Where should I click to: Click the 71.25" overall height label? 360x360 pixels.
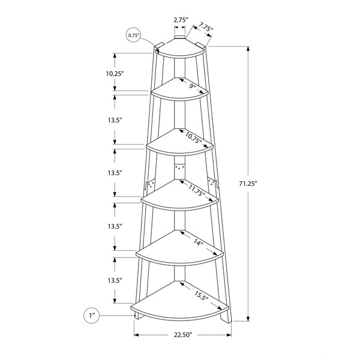click(x=247, y=184)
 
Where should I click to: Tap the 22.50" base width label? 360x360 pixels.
click(x=182, y=335)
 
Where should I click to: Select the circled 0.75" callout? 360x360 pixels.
click(x=133, y=35)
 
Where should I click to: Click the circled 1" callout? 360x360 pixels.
click(x=92, y=316)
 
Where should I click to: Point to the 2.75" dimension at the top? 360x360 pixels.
click(x=180, y=20)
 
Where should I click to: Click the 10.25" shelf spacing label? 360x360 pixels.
click(x=115, y=74)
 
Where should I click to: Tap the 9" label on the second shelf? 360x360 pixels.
click(x=193, y=86)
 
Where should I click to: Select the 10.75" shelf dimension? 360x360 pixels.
click(x=194, y=138)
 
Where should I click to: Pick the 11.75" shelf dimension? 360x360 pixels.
click(x=197, y=190)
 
